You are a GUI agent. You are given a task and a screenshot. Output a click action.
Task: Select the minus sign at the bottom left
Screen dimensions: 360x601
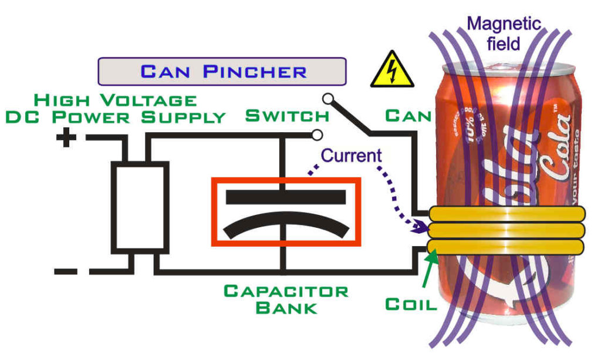coord(66,271)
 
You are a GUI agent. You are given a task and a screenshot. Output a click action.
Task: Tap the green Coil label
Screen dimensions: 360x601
coord(411,304)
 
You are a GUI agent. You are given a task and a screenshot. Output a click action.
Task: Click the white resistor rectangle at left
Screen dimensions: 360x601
coord(140,206)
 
